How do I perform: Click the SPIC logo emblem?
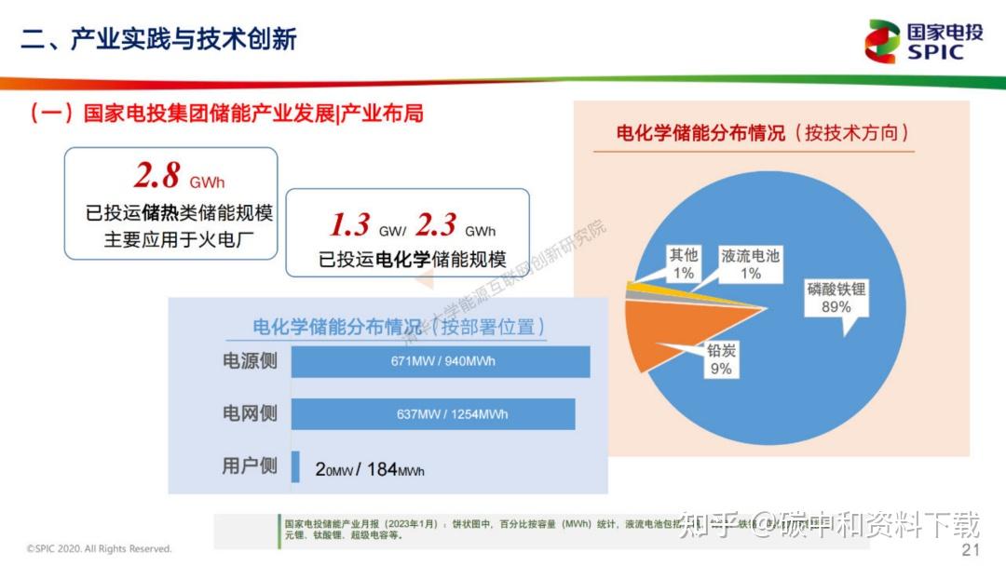point(882,41)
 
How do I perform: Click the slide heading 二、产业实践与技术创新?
point(159,38)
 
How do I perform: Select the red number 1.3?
point(350,224)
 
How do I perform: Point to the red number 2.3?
point(436,224)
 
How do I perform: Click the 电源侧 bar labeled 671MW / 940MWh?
point(441,361)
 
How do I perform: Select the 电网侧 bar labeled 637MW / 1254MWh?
point(433,414)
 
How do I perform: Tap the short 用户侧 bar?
point(295,467)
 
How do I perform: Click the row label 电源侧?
point(249,361)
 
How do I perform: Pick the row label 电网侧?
point(249,413)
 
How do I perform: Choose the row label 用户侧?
point(249,466)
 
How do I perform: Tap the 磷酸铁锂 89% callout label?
point(836,298)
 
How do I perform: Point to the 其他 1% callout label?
point(684,264)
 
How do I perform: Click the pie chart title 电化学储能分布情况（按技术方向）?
point(762,132)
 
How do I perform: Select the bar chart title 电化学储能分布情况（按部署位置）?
point(399,327)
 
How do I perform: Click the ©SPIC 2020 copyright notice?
point(99,549)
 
